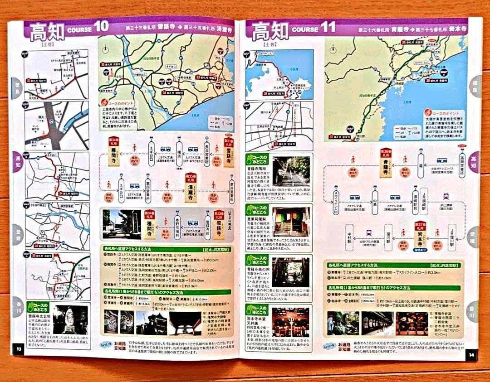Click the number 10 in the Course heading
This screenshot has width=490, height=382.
click(x=102, y=26)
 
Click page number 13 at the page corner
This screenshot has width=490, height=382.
click(x=19, y=348)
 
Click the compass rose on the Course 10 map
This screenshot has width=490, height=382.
click(x=105, y=48)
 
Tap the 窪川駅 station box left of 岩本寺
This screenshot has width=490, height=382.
click(x=388, y=237)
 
